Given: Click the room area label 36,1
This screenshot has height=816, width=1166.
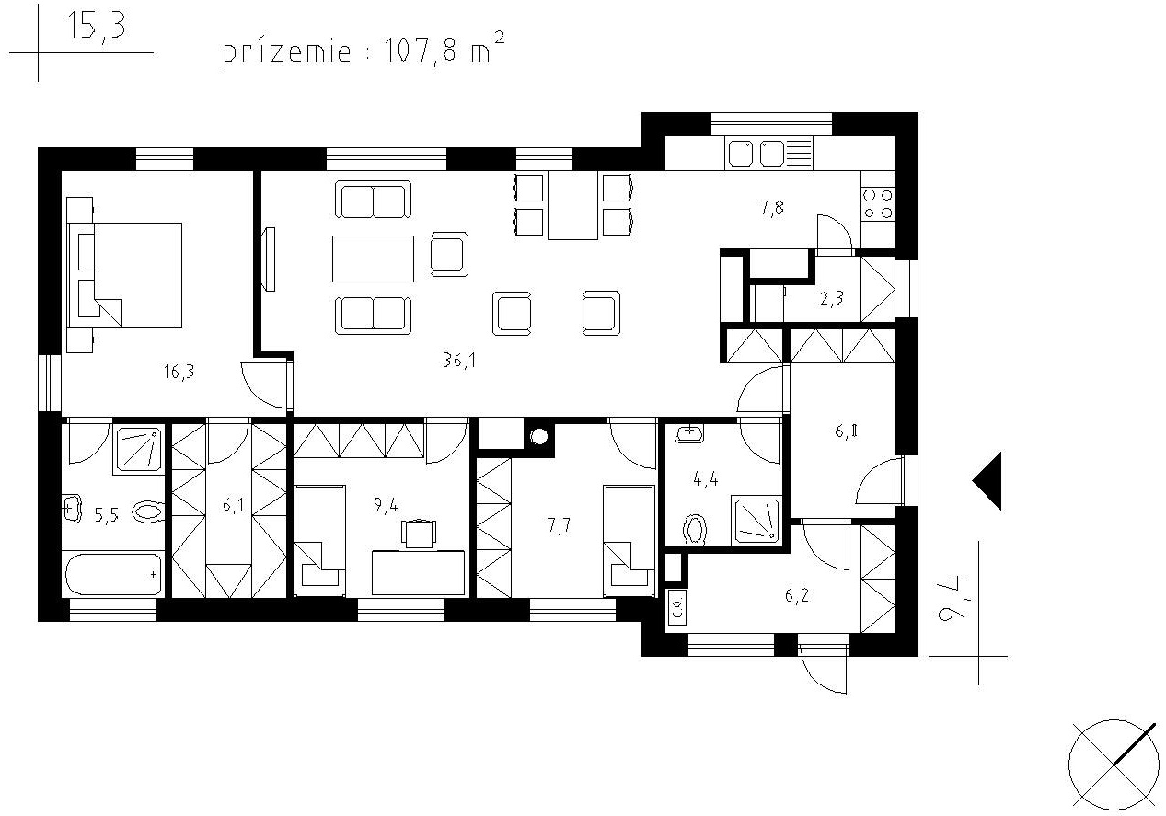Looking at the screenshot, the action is pyautogui.click(x=459, y=360).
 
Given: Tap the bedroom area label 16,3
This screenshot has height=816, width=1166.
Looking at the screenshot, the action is pyautogui.click(x=179, y=372).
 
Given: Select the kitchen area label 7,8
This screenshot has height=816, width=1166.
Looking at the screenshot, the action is pyautogui.click(x=772, y=208).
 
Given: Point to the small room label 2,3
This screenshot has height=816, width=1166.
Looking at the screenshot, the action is pyautogui.click(x=831, y=299).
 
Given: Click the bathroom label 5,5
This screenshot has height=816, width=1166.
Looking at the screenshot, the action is pyautogui.click(x=106, y=515).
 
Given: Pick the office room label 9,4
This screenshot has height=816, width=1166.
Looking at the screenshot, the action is pyautogui.click(x=386, y=504).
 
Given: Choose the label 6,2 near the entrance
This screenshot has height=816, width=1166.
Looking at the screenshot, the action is pyautogui.click(x=796, y=595).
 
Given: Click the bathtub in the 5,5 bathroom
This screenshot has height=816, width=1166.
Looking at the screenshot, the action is pyautogui.click(x=113, y=574).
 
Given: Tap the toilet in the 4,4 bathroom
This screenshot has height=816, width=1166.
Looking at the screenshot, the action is pyautogui.click(x=696, y=530).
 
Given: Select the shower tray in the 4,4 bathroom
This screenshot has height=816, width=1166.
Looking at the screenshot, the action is pyautogui.click(x=756, y=521).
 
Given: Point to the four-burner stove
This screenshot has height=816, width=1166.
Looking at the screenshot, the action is pyautogui.click(x=878, y=204).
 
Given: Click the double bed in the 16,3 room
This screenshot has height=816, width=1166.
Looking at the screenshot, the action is pyautogui.click(x=124, y=275).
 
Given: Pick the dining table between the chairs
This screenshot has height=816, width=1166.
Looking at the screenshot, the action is pyautogui.click(x=573, y=205).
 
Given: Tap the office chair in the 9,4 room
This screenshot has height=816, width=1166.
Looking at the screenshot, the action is pyautogui.click(x=419, y=534).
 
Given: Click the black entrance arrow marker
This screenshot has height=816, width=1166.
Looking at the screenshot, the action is pyautogui.click(x=987, y=481).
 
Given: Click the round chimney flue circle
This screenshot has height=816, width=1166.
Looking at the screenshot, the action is pyautogui.click(x=539, y=436).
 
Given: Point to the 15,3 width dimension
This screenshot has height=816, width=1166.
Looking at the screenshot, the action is pyautogui.click(x=97, y=26).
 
